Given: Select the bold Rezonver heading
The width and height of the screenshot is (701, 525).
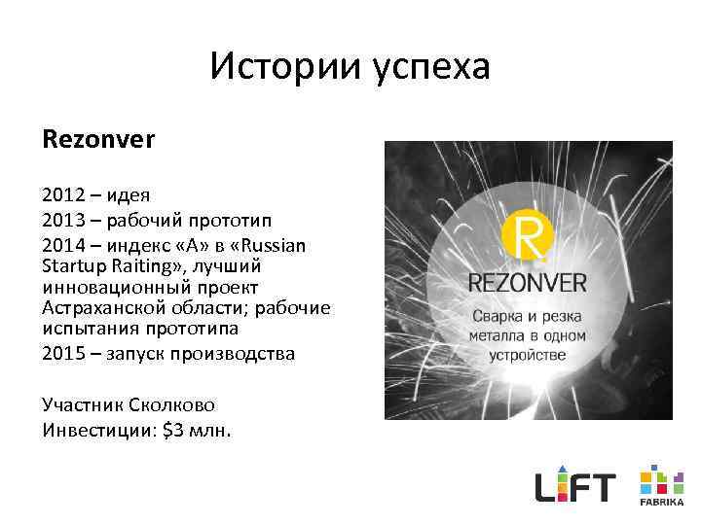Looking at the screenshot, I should click(x=98, y=139).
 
